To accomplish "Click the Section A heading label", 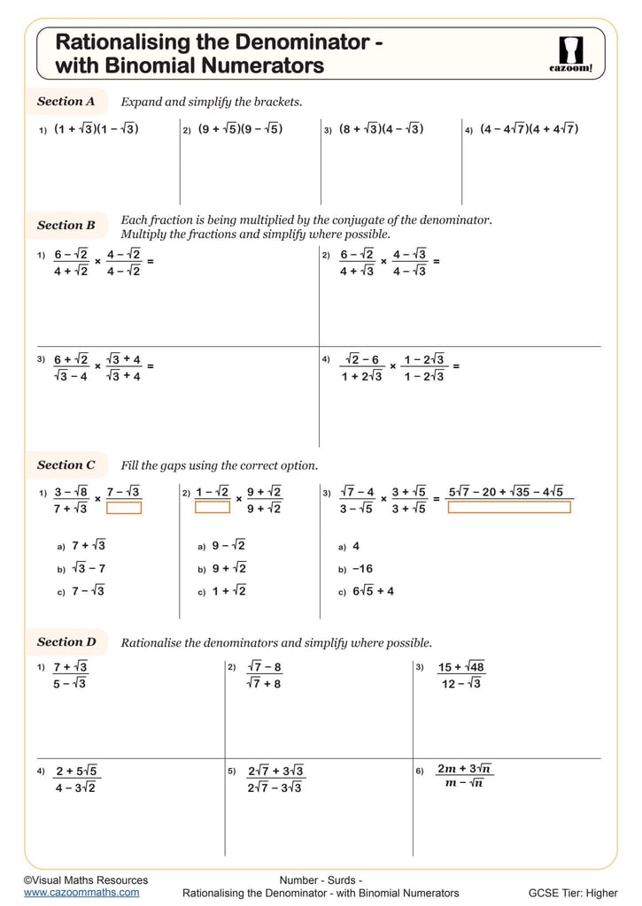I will pyautogui.click(x=66, y=101).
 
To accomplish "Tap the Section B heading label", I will pyautogui.click(x=66, y=226).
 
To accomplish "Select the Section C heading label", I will pyautogui.click(x=66, y=465).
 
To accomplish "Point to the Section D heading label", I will pyautogui.click(x=66, y=641).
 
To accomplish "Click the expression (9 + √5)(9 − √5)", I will pyautogui.click(x=240, y=129).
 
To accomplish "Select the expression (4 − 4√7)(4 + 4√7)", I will pyautogui.click(x=529, y=129).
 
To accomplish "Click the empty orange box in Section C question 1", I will pyautogui.click(x=124, y=508).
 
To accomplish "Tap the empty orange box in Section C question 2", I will pyautogui.click(x=213, y=508).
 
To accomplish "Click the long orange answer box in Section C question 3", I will pyautogui.click(x=509, y=508).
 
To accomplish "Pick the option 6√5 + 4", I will pyautogui.click(x=372, y=592).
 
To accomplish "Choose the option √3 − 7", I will pyautogui.click(x=89, y=569).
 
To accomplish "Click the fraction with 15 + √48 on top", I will pyautogui.click(x=461, y=675).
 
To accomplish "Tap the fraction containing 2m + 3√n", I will pyautogui.click(x=465, y=776).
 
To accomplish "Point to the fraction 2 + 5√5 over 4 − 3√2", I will pyautogui.click(x=76, y=779).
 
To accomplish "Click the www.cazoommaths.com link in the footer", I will pyautogui.click(x=81, y=893).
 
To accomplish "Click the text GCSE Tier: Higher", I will pyautogui.click(x=573, y=893).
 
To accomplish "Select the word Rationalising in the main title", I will pyautogui.click(x=122, y=42).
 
